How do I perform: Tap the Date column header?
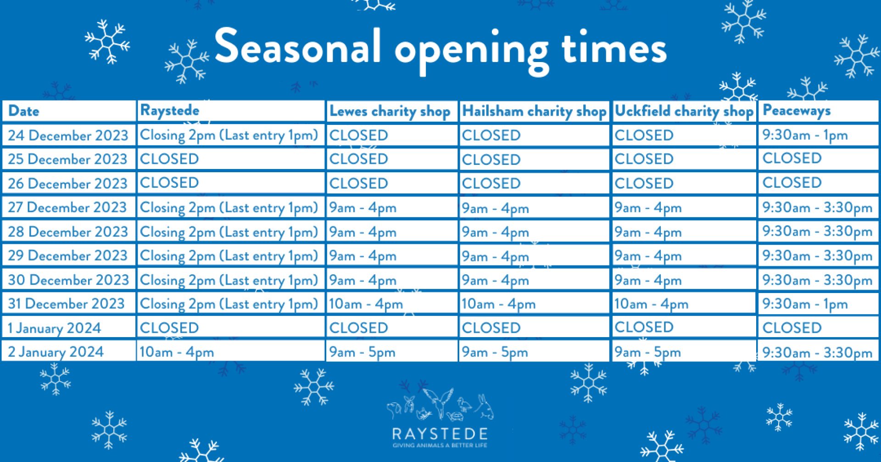[24, 111]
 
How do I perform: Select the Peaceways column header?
[796, 111]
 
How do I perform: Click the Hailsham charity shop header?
[534, 111]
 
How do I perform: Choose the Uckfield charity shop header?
[684, 111]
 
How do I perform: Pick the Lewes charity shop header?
[390, 111]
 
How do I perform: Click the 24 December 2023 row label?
[68, 135]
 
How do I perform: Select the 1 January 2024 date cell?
[54, 328]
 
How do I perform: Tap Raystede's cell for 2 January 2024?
[177, 352]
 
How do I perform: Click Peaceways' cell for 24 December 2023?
[805, 135]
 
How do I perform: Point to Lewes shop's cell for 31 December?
[366, 304]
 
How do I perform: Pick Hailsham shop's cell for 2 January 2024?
[495, 352]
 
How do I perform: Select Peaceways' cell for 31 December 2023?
[805, 304]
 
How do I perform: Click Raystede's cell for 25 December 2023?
[169, 159]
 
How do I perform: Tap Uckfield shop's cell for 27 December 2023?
[648, 208]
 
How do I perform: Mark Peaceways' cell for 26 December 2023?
[792, 183]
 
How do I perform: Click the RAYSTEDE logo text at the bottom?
[440, 434]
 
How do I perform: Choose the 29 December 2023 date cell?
[67, 255]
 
